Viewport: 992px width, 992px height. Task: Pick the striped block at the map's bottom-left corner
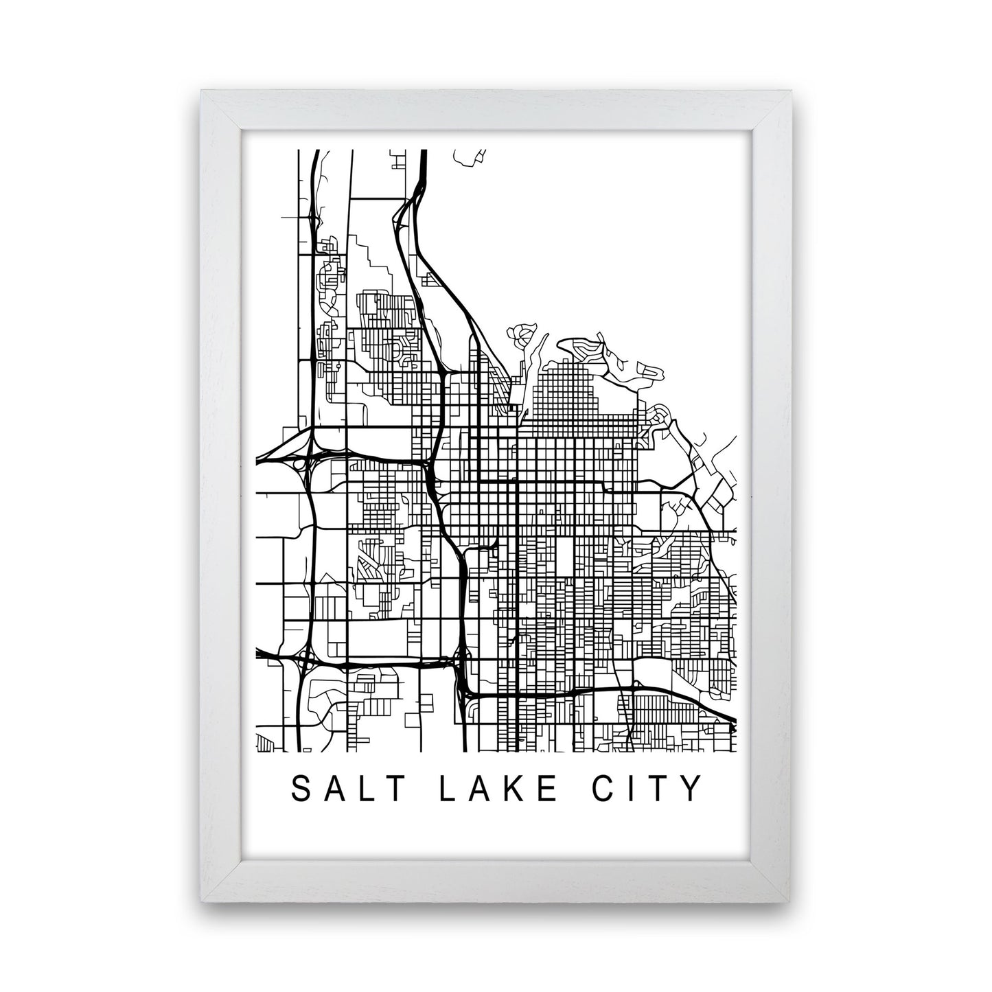click(264, 742)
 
